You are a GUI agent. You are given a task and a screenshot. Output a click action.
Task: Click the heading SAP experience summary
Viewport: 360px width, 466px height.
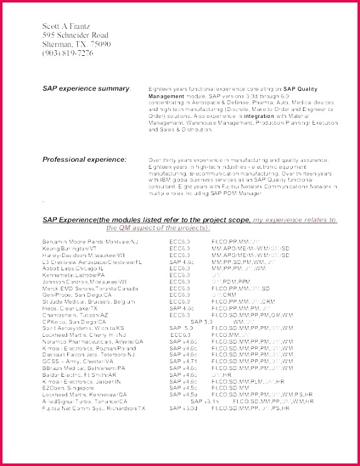(x=86, y=89)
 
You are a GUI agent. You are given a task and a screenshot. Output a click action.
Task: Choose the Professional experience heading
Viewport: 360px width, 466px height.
(x=84, y=159)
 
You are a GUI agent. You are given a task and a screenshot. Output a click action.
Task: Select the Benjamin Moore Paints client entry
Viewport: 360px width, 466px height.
(x=90, y=241)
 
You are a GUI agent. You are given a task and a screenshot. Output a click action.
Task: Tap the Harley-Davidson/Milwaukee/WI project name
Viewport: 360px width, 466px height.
(x=84, y=255)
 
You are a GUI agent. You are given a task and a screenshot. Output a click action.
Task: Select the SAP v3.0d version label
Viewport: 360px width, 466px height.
(x=183, y=408)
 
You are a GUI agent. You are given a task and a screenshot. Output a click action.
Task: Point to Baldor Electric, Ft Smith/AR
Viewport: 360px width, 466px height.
(x=79, y=374)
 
